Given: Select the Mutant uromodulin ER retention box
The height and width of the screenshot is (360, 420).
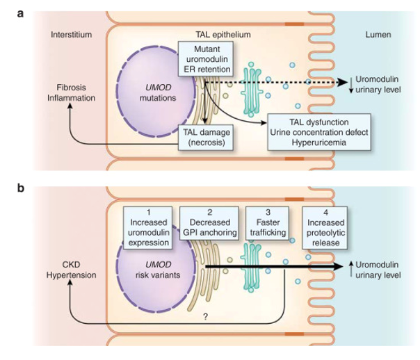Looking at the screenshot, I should click(204, 58).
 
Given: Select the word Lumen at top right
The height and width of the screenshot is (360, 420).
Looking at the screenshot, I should click(381, 33).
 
